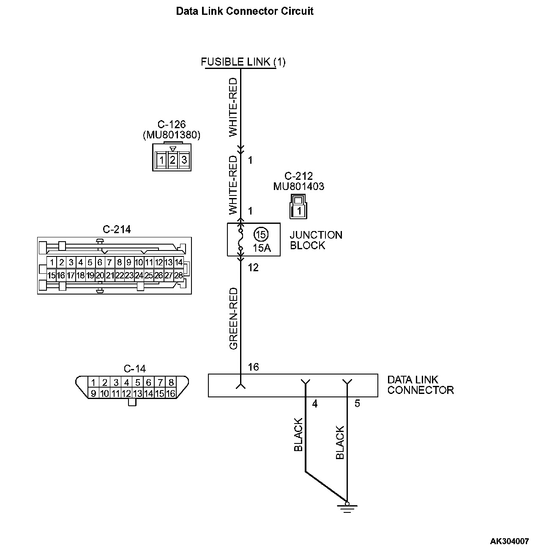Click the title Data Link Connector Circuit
(x=245, y=11)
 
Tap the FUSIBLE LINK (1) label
(x=243, y=62)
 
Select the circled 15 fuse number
(x=261, y=234)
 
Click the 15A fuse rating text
(x=261, y=248)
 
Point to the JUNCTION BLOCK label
(x=316, y=240)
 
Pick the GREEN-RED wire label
(x=234, y=319)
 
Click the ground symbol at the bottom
(x=347, y=507)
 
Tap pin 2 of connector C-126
(x=172, y=160)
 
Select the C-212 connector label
(x=298, y=176)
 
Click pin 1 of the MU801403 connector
(x=299, y=210)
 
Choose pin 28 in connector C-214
(x=178, y=275)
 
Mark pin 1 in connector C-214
(x=51, y=262)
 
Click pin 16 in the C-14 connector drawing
(x=171, y=394)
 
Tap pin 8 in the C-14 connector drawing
(x=171, y=383)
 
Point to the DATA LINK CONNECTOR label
(x=420, y=385)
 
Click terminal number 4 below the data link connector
(x=314, y=404)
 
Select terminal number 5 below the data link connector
(x=357, y=404)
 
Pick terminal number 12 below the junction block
(x=253, y=267)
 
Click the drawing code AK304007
(x=509, y=541)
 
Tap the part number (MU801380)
(x=172, y=135)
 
